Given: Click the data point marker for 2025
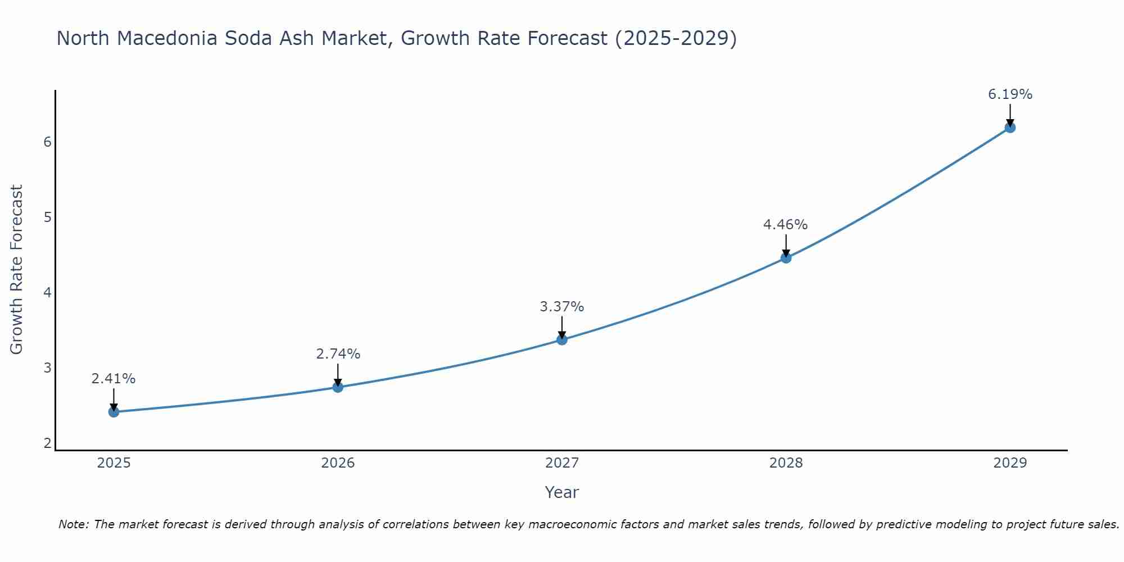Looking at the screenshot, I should tap(114, 412).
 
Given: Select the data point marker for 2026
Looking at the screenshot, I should tap(338, 387).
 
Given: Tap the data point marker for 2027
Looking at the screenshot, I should tap(562, 339).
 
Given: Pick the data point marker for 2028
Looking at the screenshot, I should tap(786, 258).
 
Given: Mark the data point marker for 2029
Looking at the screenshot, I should tap(1010, 128).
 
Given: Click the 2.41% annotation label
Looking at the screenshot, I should tap(114, 379).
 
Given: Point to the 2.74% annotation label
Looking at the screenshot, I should tap(338, 354).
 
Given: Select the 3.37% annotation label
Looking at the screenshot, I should tap(562, 307).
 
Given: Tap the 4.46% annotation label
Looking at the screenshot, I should tap(785, 225).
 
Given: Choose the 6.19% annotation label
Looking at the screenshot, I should tap(1010, 94).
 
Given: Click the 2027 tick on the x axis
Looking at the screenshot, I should tap(562, 463).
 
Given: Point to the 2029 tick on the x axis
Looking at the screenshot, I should tap(1010, 463).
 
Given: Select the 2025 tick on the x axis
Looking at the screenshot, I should tap(114, 463).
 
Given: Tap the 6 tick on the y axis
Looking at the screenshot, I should tap(47, 142).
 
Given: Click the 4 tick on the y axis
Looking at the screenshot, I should tap(47, 292).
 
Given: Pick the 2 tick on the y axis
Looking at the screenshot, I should tap(47, 443).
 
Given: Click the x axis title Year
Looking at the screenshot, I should tap(561, 492).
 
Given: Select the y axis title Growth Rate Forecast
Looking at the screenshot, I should tap(17, 270).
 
